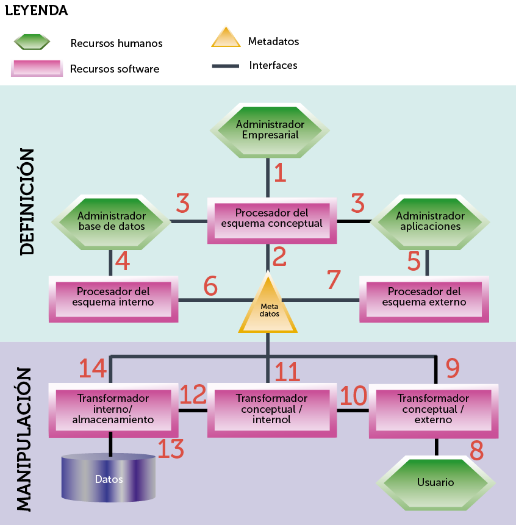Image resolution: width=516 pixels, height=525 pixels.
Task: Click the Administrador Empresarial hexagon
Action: [270, 129]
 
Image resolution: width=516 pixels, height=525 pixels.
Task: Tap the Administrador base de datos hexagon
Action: [111, 221]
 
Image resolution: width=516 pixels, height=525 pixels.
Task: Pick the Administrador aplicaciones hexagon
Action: [430, 221]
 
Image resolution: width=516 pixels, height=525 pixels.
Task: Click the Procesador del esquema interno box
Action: [113, 299]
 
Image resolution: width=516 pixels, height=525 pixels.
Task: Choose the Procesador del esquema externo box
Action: [424, 299]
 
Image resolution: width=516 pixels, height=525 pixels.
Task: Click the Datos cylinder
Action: [109, 479]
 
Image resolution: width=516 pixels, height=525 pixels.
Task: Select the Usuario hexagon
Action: [435, 482]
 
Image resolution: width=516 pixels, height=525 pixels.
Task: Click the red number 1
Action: [280, 173]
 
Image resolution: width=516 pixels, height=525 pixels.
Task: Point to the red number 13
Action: [171, 449]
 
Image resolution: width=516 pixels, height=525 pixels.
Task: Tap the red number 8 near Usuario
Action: [476, 451]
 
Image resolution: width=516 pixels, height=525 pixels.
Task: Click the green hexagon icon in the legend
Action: [32, 42]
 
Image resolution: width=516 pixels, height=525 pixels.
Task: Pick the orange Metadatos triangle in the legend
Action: [226, 38]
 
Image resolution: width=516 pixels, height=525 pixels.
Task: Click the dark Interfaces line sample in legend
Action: [225, 66]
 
